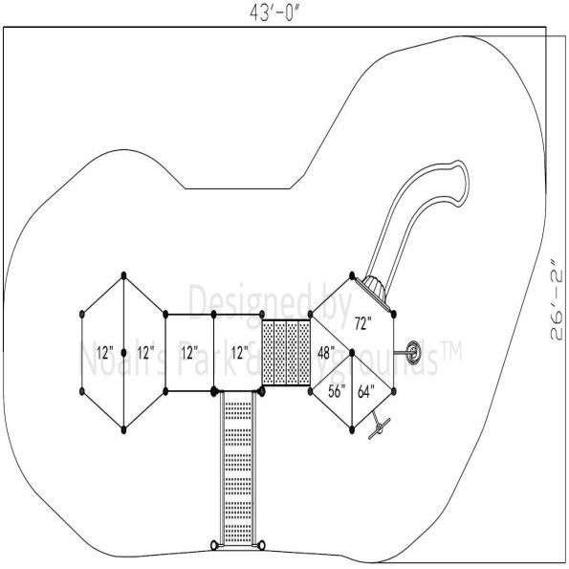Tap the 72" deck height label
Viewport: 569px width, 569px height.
362,323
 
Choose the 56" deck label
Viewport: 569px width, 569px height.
337,389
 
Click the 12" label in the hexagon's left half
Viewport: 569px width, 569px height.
104,352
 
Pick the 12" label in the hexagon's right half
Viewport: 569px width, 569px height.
145,352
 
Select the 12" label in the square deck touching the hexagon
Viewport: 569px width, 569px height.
189,352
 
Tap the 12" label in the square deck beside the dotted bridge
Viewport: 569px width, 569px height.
238,352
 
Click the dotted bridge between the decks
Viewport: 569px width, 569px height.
286,353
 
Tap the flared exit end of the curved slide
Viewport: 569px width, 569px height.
458,182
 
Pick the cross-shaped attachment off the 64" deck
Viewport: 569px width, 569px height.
380,426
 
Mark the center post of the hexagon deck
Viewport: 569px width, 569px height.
124,352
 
